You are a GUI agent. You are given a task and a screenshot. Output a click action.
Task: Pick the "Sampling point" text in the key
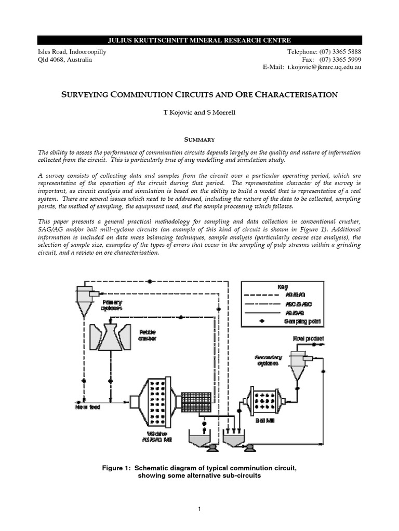(302, 322)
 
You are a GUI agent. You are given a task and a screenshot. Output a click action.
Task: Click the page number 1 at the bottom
(199, 510)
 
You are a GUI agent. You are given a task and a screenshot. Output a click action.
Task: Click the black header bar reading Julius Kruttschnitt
(199, 40)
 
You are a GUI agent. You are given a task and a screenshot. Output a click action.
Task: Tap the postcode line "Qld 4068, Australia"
(65, 60)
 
